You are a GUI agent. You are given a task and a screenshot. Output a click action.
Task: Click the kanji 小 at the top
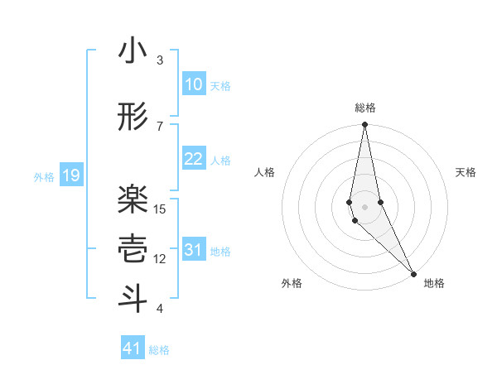(133, 52)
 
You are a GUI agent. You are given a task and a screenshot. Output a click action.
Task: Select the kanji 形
(133, 118)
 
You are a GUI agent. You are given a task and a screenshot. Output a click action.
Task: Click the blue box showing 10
(193, 84)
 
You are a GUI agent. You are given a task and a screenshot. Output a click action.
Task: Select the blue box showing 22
(193, 159)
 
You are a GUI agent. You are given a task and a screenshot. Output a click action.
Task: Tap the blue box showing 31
(193, 250)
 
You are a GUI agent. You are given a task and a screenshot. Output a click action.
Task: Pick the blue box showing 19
(70, 175)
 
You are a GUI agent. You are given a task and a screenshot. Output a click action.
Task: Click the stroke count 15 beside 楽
(161, 209)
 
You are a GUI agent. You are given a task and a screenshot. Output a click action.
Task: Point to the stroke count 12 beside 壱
(161, 259)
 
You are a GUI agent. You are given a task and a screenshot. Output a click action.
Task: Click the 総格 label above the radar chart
(365, 108)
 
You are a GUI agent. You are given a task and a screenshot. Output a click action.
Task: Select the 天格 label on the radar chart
(466, 172)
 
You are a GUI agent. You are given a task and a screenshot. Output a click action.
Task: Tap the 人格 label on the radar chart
(265, 172)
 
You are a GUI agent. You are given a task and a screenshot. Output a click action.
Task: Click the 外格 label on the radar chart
(291, 283)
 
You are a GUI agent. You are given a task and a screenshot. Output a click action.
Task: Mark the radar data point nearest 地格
(413, 272)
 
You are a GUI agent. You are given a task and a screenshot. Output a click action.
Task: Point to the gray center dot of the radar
(365, 206)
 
